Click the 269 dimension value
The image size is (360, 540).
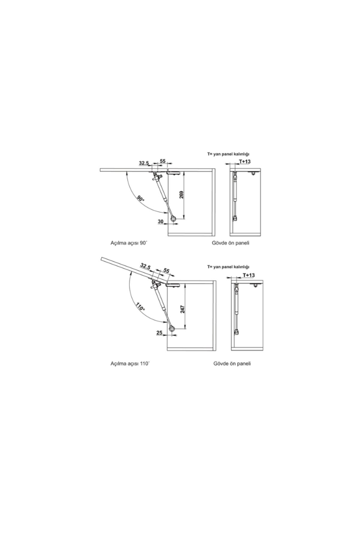181,195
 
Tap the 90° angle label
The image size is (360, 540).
141,199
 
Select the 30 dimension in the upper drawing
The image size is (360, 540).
160,221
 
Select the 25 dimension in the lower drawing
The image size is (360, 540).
160,333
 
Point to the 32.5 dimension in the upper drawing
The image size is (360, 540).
144,163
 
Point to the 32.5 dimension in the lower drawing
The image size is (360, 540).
145,266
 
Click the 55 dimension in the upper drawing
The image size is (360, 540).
163,161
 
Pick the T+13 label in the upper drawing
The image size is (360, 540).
245,162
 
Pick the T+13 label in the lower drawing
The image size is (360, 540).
249,275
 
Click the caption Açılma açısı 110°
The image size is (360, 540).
130,364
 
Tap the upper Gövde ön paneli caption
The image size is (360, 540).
230,243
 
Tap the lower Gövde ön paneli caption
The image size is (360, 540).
232,364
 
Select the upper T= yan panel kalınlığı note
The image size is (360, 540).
228,154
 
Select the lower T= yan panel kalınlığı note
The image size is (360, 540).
228,267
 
